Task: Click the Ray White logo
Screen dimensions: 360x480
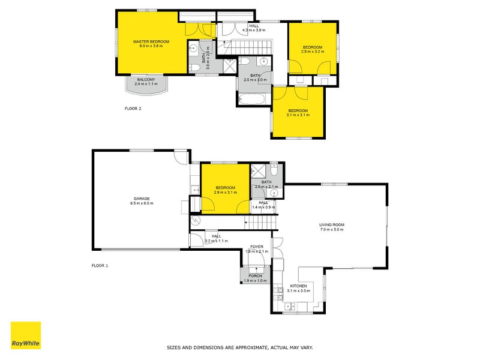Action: coord(26,336)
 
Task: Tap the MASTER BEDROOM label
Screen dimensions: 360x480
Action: coord(151,41)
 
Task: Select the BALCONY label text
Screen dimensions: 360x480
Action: coord(146,80)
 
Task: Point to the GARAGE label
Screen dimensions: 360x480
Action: coord(142,199)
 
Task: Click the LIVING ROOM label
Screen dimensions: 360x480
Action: coord(331,225)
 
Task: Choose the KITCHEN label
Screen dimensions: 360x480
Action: coord(299,286)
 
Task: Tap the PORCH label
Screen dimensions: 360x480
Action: coord(256,276)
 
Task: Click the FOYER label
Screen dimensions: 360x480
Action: coord(257,247)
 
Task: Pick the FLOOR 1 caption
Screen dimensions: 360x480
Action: coord(99,265)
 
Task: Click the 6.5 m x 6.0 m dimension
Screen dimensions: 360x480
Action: coord(142,203)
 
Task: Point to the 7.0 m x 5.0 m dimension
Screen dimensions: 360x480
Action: coord(331,230)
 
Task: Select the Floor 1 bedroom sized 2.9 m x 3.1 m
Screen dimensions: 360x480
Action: coord(225,190)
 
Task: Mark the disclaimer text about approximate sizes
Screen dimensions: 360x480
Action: coord(239,347)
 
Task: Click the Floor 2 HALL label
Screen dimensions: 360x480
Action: coord(254,26)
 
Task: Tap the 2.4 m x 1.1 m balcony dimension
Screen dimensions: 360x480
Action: coord(146,85)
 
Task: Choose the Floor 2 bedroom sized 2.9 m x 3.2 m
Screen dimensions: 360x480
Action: coord(313,49)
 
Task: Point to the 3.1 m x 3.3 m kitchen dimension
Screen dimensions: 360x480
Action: coord(299,290)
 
